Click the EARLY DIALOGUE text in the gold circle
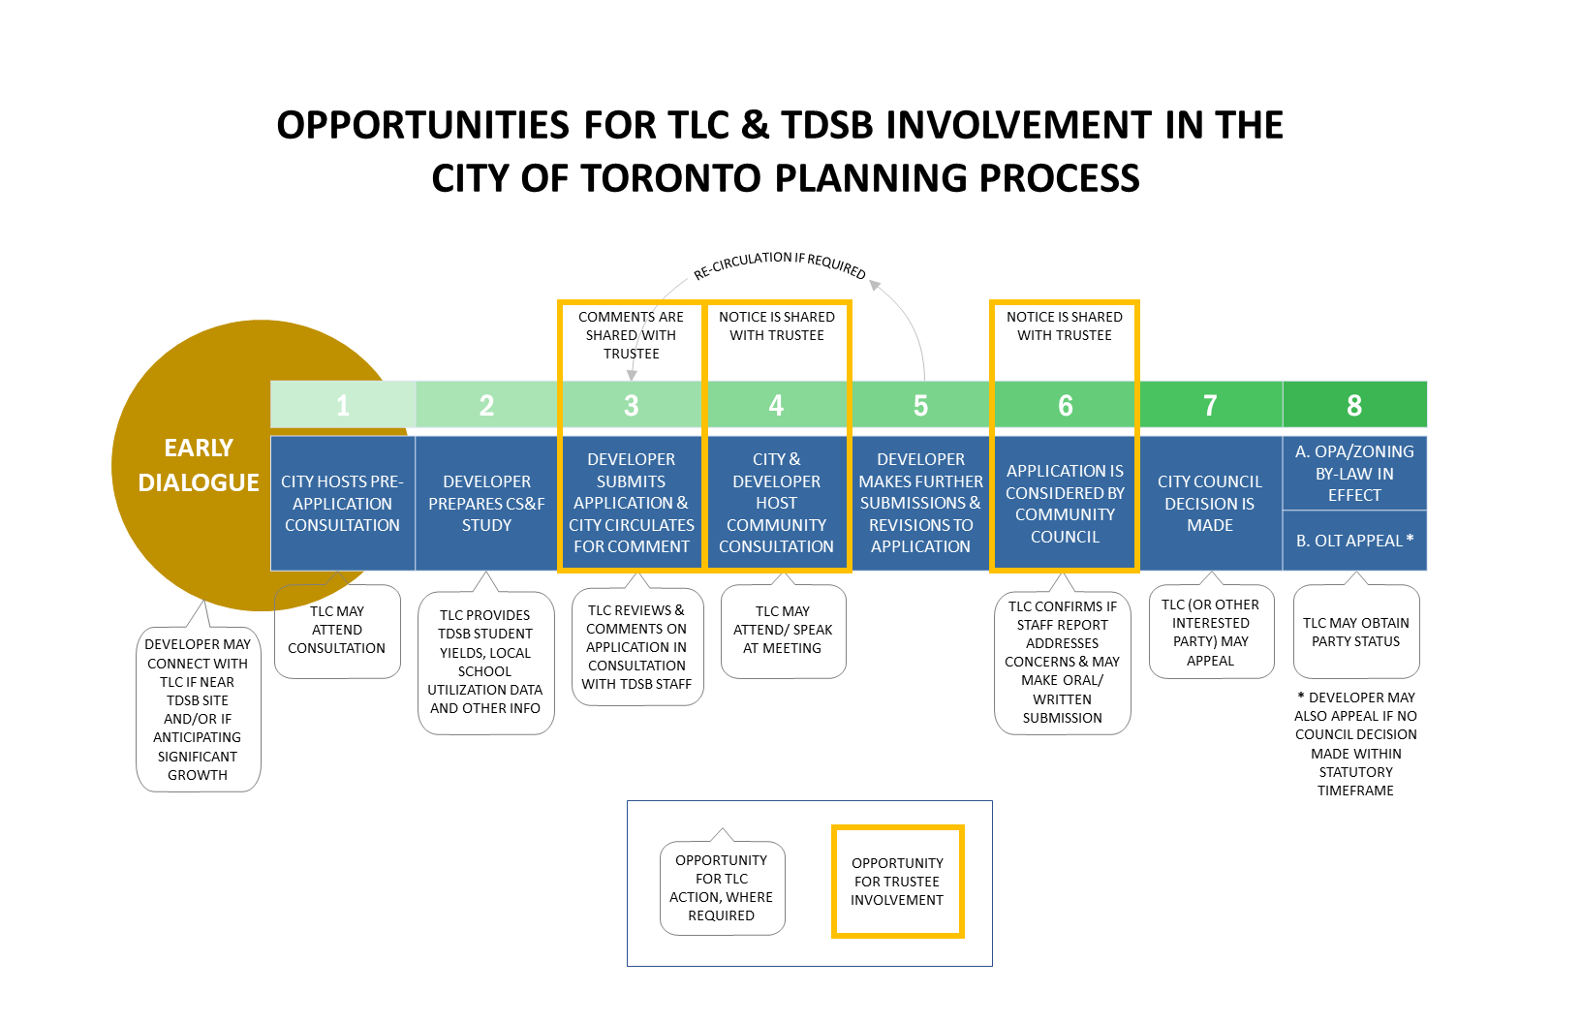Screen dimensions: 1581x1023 coord(199,465)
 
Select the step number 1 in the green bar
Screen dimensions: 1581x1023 coord(343,405)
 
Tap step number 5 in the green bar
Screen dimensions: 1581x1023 coord(920,405)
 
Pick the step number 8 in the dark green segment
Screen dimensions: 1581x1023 coord(1353,405)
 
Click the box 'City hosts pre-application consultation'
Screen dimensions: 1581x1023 coord(342,504)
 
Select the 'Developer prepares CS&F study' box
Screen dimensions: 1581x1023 coord(486,504)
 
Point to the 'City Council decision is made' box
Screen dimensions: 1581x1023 coord(1210,504)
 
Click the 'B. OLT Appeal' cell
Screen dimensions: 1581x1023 coord(1354,541)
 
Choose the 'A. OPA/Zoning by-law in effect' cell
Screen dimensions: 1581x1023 coord(1354,473)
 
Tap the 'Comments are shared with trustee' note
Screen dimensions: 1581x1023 coord(631,335)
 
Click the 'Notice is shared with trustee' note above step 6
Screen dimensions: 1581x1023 coord(1065,326)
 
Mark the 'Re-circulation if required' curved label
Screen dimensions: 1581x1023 coord(779,264)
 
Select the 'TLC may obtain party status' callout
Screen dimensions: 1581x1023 coord(1356,632)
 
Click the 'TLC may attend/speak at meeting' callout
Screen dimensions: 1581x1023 coord(783,630)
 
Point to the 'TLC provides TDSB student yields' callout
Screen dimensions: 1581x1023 coord(485,662)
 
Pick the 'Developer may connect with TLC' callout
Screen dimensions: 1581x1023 coord(198,709)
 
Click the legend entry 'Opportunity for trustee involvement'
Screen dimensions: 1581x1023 coord(897,882)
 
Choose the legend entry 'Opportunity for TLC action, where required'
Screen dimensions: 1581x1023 coord(722,887)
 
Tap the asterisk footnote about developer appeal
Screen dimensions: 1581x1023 coord(1356,744)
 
